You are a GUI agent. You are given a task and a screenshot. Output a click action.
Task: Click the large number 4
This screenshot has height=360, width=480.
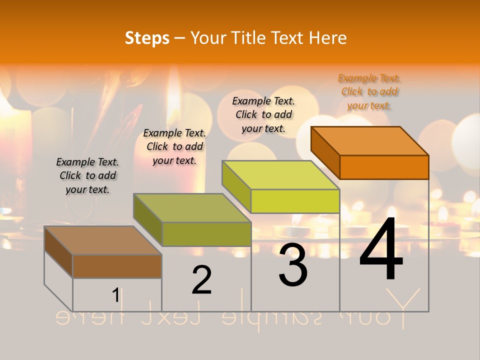pyautogui.click(x=381, y=250)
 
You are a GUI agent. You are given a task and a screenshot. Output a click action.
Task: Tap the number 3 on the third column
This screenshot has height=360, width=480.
pyautogui.click(x=293, y=265)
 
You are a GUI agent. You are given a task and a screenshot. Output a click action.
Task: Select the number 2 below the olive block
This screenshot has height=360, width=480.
pyautogui.click(x=202, y=280)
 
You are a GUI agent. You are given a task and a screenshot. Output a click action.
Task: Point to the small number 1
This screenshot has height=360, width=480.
pyautogui.click(x=115, y=295)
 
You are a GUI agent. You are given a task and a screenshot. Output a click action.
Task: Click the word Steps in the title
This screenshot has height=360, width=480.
pyautogui.click(x=147, y=38)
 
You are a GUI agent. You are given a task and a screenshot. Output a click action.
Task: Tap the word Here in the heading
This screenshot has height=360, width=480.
pyautogui.click(x=328, y=38)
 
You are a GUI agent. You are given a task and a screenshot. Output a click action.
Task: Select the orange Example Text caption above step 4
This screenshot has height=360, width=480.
pyautogui.click(x=369, y=92)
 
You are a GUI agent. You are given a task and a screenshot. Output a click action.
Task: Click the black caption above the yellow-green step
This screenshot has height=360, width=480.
pyautogui.click(x=263, y=114)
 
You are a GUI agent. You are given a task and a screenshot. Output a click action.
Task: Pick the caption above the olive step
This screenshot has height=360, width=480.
pyautogui.click(x=174, y=146)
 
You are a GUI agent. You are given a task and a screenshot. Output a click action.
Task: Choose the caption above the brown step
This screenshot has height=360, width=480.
pyautogui.click(x=87, y=175)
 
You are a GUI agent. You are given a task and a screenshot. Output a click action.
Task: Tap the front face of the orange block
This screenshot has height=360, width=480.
pyautogui.click(x=384, y=167)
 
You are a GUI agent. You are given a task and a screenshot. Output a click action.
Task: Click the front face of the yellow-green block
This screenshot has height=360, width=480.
pyautogui.click(x=295, y=201)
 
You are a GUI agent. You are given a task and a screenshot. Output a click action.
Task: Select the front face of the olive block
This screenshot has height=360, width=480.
pyautogui.click(x=206, y=234)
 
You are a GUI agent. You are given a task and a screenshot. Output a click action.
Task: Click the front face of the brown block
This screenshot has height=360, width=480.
pyautogui.click(x=117, y=266)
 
